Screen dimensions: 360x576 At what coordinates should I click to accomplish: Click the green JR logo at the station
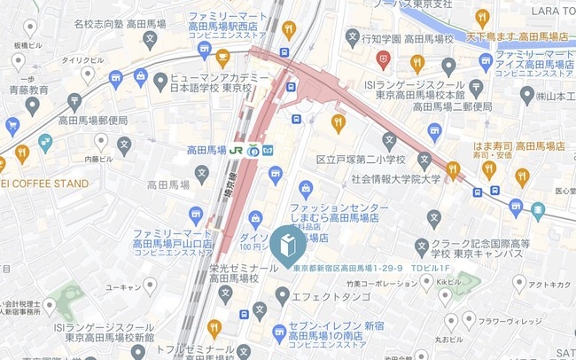point(237,150)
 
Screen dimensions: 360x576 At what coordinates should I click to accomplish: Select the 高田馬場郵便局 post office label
point(93,120)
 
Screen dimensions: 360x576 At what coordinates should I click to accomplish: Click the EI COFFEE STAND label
point(44,184)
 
